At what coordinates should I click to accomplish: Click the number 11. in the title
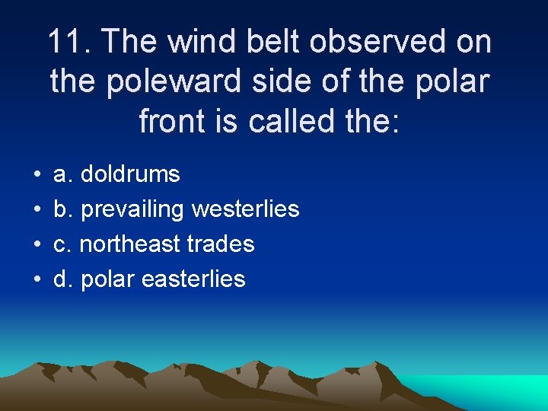pyautogui.click(x=68, y=42)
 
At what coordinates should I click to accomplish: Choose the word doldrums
pyautogui.click(x=130, y=174)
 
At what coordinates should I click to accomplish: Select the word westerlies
pyautogui.click(x=246, y=209)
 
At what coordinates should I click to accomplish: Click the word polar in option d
pyautogui.click(x=106, y=279)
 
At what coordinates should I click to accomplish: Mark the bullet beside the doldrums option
pyautogui.click(x=37, y=175)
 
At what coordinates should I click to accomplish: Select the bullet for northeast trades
pyautogui.click(x=37, y=245)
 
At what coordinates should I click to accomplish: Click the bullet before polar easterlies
pyautogui.click(x=37, y=280)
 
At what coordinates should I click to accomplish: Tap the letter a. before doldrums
pyautogui.click(x=62, y=175)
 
